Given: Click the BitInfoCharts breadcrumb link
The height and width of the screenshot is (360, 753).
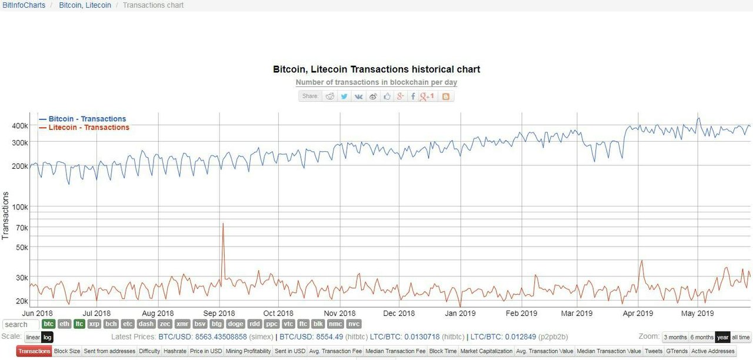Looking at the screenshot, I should [24, 5].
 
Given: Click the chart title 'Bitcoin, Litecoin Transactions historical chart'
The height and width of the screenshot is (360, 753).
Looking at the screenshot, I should [376, 69].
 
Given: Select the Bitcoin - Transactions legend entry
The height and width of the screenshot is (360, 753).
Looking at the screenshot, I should [87, 119].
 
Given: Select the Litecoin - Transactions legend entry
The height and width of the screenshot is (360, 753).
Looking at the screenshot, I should [89, 128].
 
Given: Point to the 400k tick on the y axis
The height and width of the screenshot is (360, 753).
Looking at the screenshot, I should [20, 126].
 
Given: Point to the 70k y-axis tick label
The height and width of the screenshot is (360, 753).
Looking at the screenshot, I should [22, 228].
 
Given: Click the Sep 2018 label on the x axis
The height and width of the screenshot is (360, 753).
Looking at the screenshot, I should [218, 314].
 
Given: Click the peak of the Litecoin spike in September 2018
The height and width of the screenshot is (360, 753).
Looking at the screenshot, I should [223, 224].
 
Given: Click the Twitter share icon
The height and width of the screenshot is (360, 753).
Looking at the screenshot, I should [344, 96].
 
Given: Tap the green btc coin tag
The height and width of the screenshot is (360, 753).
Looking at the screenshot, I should [49, 324].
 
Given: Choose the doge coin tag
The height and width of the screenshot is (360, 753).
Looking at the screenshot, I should [235, 324].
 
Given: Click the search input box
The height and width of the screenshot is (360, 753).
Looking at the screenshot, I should [21, 325].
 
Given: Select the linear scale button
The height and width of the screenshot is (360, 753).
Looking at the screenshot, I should [33, 338].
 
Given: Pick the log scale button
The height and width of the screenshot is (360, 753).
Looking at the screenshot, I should [48, 338].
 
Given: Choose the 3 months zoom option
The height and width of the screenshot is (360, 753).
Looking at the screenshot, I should [675, 338].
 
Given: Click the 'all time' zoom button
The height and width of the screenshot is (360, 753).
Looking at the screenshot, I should [741, 338].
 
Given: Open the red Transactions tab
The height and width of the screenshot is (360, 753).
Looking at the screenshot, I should [34, 351].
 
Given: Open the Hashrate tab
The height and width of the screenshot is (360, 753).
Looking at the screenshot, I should [175, 351].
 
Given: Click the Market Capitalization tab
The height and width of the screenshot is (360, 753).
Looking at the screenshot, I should [486, 351].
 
